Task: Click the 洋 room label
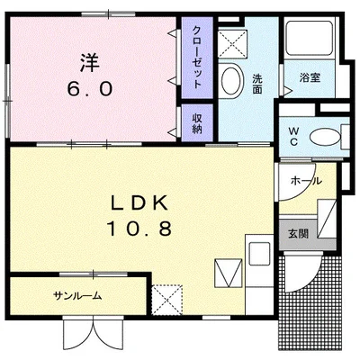point(90,62)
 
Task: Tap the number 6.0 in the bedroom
point(90,89)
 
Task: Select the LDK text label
point(139,203)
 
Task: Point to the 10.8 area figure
point(139,229)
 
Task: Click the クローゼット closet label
point(196,58)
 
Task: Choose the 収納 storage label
point(197,123)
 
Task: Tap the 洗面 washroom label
point(256,85)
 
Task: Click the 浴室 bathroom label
point(310,77)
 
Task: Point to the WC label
point(293,136)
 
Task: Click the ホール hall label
point(306,181)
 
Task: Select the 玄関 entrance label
point(299,233)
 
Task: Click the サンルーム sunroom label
point(77,296)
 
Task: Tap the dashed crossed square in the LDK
point(166,300)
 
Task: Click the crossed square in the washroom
point(232,44)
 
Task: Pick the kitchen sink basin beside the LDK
point(259,253)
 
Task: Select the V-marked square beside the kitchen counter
point(229,273)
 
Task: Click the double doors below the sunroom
point(94,332)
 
